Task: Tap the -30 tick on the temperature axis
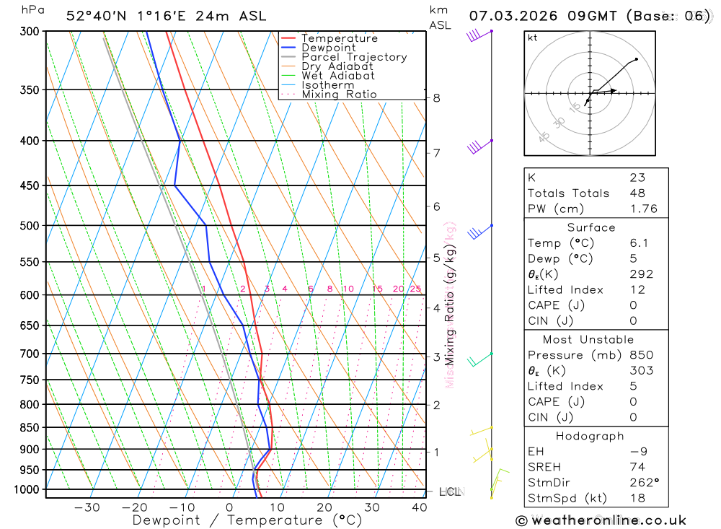point(87,507)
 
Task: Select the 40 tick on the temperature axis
point(419,507)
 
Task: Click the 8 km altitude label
point(436,97)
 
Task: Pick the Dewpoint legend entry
point(328,48)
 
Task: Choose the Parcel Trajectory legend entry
point(353,57)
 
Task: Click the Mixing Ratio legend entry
point(339,94)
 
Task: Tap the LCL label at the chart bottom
point(449,492)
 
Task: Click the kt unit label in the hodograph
point(533,38)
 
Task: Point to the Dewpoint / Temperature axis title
point(247,520)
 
